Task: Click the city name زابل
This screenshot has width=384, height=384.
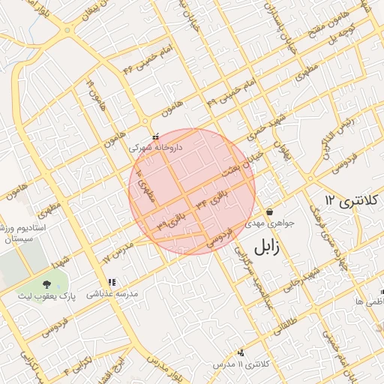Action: (271, 246)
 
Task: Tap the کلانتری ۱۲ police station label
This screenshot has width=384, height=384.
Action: (352, 200)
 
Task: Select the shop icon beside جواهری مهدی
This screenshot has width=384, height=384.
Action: (269, 211)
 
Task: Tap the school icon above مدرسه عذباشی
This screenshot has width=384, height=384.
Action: (112, 283)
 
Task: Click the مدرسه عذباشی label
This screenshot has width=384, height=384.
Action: (112, 295)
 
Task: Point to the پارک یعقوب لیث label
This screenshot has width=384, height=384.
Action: (46, 295)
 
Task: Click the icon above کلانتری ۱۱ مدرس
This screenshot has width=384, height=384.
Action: (241, 352)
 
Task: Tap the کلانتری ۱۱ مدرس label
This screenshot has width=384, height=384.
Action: (241, 364)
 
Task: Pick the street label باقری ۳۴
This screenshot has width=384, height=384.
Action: (211, 200)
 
